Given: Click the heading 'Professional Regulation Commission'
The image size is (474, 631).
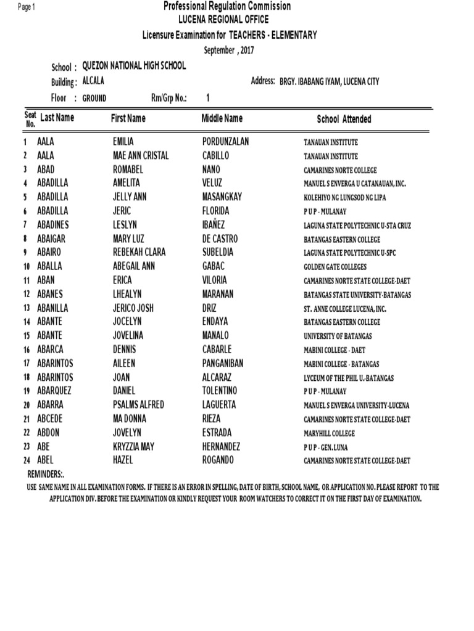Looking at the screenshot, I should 227,6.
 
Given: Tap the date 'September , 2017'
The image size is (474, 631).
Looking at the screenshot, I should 229,50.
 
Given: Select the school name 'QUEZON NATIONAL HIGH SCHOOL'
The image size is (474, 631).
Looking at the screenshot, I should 138,66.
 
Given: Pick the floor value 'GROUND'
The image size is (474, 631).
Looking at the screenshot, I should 94,98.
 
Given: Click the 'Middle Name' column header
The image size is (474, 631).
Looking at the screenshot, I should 222,118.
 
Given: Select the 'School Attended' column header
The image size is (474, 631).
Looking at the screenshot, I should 344,120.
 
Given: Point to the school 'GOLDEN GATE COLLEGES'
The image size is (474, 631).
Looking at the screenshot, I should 335,267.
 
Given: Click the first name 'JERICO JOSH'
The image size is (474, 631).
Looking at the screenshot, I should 133,307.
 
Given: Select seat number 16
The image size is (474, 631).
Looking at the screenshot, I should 27,350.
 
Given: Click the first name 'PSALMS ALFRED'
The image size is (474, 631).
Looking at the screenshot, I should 138,405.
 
